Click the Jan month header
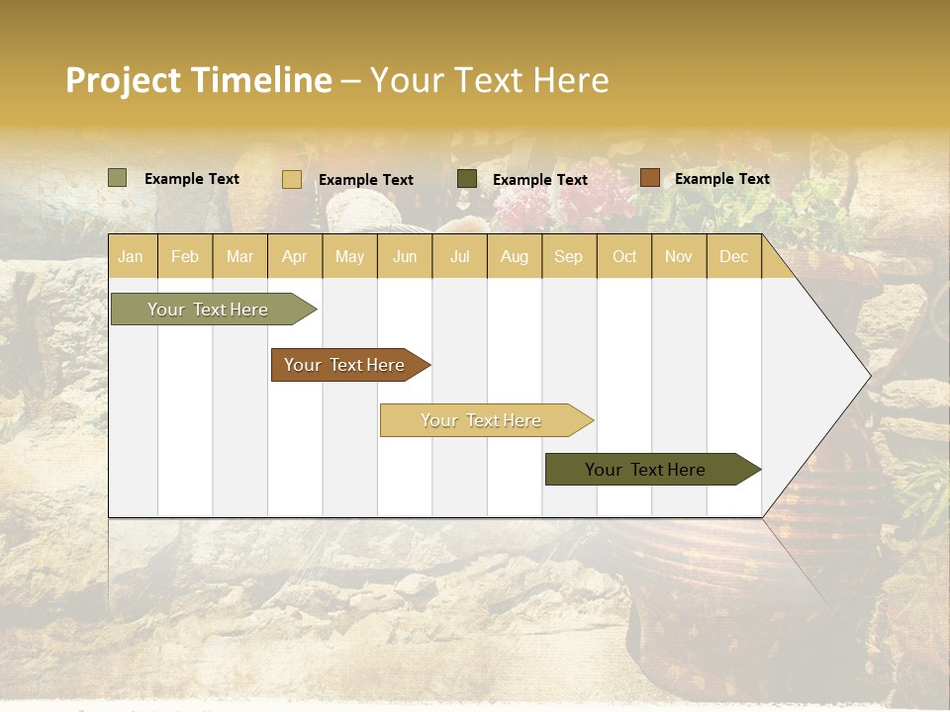coord(131,257)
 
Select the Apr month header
coord(294,257)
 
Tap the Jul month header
coord(459,257)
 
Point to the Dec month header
coord(733,257)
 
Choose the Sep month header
coord(568,257)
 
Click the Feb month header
coord(185,257)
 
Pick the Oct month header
coord(624,257)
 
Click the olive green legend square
coord(118,178)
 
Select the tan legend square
coord(292,179)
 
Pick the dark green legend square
coord(467,178)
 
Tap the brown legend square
coord(649,178)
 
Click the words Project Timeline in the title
coord(199,80)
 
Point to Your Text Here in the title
coord(489,80)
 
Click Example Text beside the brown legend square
coord(721,179)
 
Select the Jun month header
coord(405,257)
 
